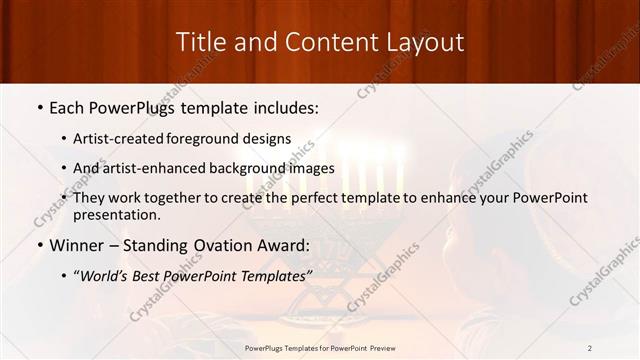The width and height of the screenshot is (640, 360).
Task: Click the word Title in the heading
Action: click(x=202, y=42)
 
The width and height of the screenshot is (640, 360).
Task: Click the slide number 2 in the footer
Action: click(x=590, y=347)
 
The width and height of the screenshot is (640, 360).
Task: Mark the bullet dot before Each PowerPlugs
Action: click(x=39, y=106)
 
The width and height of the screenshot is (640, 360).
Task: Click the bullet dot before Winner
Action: click(x=39, y=246)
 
